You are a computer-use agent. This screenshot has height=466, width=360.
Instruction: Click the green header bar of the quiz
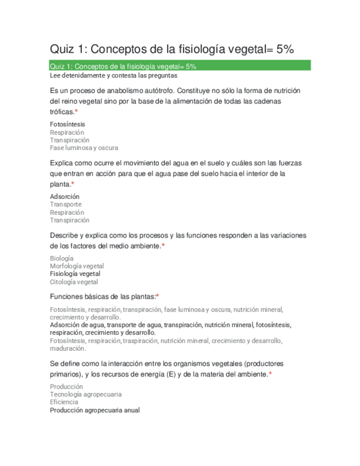tap(180, 66)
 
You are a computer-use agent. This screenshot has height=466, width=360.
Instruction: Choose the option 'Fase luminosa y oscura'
tap(84, 148)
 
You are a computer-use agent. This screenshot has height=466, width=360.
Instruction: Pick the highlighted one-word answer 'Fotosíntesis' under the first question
tap(68, 124)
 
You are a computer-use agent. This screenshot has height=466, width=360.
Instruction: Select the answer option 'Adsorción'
tap(65, 196)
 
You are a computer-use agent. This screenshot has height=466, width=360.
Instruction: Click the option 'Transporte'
tap(66, 204)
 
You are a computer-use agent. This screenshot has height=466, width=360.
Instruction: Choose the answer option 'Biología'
tap(62, 258)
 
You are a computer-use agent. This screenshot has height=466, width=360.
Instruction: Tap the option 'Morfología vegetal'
tap(77, 266)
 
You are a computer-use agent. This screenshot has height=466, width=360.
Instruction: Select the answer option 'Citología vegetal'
tap(74, 282)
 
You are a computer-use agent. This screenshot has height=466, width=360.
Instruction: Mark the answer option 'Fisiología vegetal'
tap(75, 274)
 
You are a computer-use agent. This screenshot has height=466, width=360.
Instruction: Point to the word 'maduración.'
tap(68, 348)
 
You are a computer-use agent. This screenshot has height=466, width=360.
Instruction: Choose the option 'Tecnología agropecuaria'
tap(86, 394)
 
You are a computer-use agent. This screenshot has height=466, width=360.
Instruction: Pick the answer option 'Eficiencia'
tap(64, 402)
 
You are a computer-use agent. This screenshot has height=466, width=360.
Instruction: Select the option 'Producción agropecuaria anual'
tap(95, 410)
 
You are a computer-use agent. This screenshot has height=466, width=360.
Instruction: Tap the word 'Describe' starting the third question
tap(65, 235)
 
